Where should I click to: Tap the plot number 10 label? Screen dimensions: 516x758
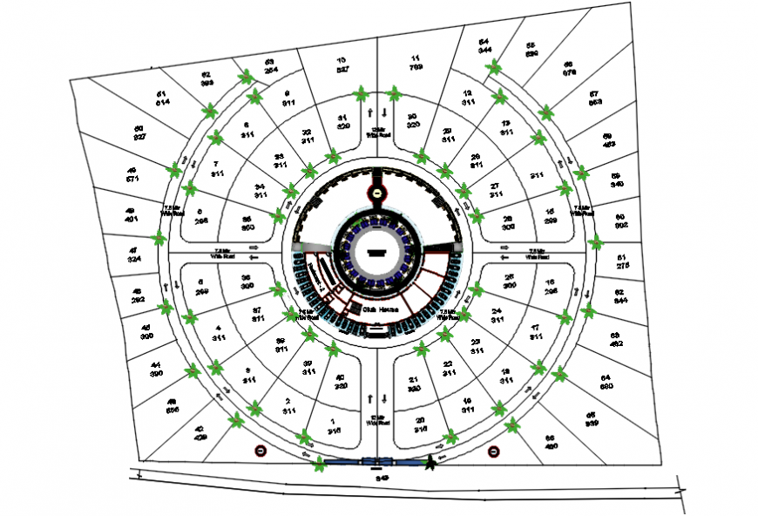(x=342, y=64)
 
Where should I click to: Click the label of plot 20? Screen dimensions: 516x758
(x=421, y=425)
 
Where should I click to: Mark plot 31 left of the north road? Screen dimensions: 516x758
(x=343, y=122)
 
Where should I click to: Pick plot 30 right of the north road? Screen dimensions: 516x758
(x=413, y=121)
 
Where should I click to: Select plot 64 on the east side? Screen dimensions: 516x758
(x=606, y=380)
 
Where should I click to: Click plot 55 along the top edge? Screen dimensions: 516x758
(x=531, y=50)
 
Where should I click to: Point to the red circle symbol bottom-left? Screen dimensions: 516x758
(x=260, y=451)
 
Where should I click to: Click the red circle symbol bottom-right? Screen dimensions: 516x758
(x=494, y=451)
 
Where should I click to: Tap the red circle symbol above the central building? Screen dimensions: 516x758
(x=376, y=193)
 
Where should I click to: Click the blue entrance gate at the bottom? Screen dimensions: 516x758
(x=375, y=465)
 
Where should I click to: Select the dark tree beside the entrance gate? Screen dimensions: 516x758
(x=430, y=463)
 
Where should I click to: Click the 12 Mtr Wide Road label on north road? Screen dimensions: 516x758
(x=376, y=132)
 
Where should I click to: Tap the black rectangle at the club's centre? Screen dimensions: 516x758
(x=376, y=251)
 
